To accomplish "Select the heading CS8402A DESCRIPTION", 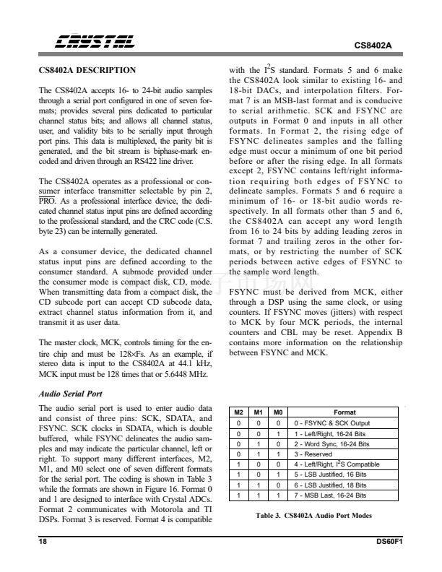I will click(87, 70).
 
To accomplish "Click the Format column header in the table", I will click(344, 412).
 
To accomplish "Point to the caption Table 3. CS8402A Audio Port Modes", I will click(313, 518).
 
